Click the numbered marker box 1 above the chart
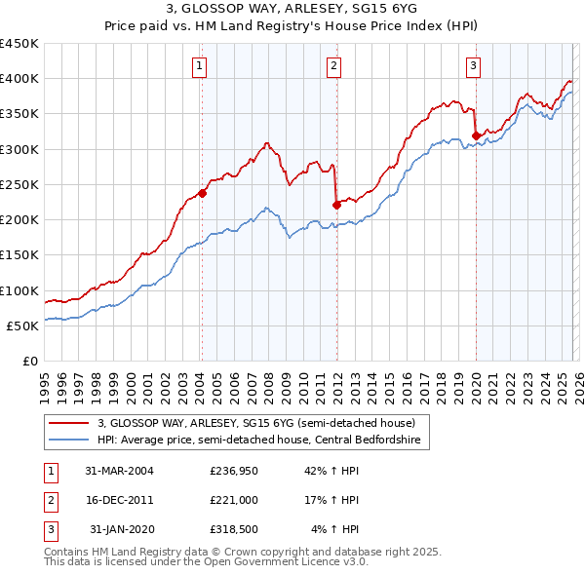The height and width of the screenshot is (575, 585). point(200,66)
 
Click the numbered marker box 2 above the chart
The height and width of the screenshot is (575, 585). point(333,66)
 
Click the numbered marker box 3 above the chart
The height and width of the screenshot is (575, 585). point(474,66)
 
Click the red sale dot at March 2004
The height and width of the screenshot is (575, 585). point(203,193)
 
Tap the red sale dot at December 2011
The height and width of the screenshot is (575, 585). point(336,205)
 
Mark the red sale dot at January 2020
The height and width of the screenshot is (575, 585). point(476,135)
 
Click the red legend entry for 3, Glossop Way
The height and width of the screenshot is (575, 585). point(256,423)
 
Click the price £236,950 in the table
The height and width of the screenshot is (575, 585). point(232,471)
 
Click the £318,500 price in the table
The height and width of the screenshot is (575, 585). point(232,529)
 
